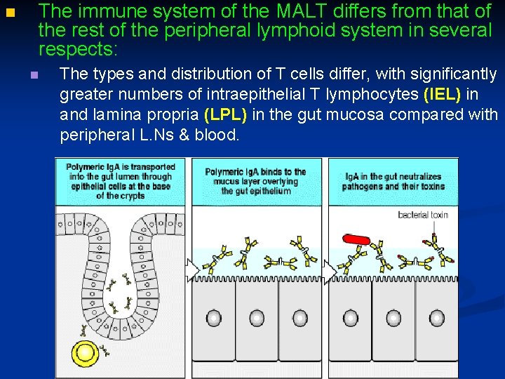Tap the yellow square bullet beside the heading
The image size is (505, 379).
(x=9, y=13)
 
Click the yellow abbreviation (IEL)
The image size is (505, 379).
(x=442, y=94)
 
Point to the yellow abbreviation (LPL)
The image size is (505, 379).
(x=226, y=114)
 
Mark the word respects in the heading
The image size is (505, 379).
(x=78, y=50)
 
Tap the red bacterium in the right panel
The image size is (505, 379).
(x=355, y=239)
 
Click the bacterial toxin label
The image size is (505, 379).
(x=423, y=214)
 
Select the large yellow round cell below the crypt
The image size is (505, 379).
(x=86, y=353)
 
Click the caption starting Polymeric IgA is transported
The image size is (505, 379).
(x=120, y=181)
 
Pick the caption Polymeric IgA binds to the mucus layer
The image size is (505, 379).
(x=256, y=181)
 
